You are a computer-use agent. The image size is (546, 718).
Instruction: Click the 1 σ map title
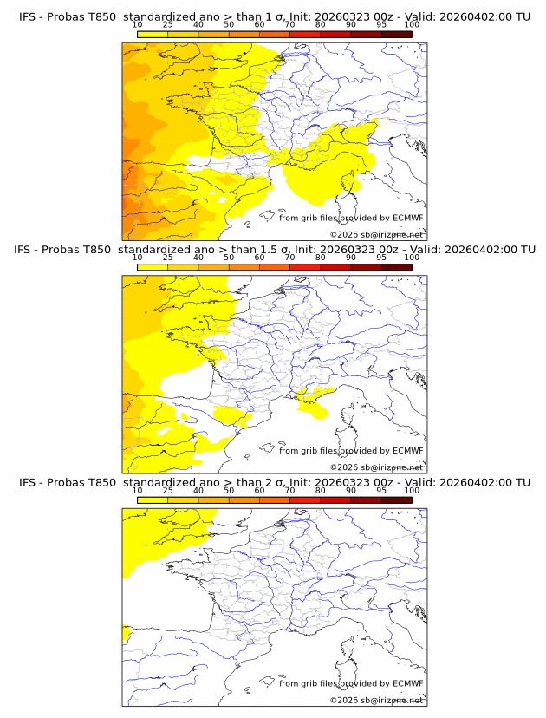point(274,16)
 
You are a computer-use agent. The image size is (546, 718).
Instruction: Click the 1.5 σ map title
point(274,250)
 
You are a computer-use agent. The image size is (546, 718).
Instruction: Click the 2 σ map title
point(274,482)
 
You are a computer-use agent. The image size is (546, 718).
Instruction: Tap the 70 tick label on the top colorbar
point(289,25)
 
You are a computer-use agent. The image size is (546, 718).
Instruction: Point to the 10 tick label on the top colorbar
point(137,25)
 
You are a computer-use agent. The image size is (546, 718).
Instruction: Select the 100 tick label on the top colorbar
point(412,25)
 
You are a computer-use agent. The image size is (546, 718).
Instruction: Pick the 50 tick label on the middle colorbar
point(229,258)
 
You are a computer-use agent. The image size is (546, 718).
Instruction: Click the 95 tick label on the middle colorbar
point(381,258)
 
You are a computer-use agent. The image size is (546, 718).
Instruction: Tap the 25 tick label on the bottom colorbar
point(167,491)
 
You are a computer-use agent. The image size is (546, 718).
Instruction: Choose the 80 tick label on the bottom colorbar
point(321,491)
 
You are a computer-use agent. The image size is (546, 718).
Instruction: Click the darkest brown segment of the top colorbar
point(396,35)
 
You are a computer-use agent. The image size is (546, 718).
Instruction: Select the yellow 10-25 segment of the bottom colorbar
point(153,500)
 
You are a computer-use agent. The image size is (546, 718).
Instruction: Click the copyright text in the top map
point(376,234)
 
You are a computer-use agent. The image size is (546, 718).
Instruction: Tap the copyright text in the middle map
point(376,467)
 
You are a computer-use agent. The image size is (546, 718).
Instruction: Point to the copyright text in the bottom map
point(376,700)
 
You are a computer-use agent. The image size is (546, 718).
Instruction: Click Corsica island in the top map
point(352,181)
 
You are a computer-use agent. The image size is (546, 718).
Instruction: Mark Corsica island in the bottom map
point(352,647)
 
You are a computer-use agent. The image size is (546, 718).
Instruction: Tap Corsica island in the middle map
point(352,414)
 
